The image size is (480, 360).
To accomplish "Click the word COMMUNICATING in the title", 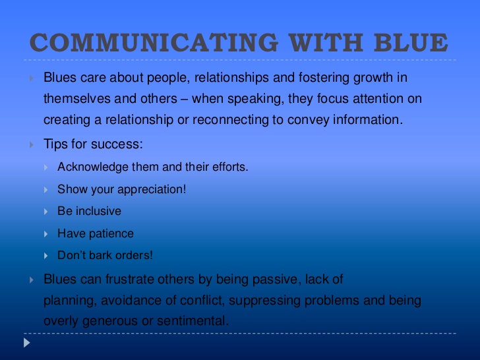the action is point(154,42).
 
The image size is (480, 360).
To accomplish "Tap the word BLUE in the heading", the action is point(411,42).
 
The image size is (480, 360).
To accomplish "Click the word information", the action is point(368,119).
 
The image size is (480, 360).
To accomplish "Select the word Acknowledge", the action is point(93,167).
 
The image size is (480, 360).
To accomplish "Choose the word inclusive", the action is point(98,211).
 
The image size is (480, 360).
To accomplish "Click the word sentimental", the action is point(193,321).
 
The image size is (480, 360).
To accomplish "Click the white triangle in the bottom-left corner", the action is point(27,343).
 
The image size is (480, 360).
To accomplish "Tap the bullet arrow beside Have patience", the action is point(46,234).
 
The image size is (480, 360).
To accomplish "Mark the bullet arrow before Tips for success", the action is point(32,145).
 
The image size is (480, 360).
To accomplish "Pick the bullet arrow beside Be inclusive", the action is point(46,212).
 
